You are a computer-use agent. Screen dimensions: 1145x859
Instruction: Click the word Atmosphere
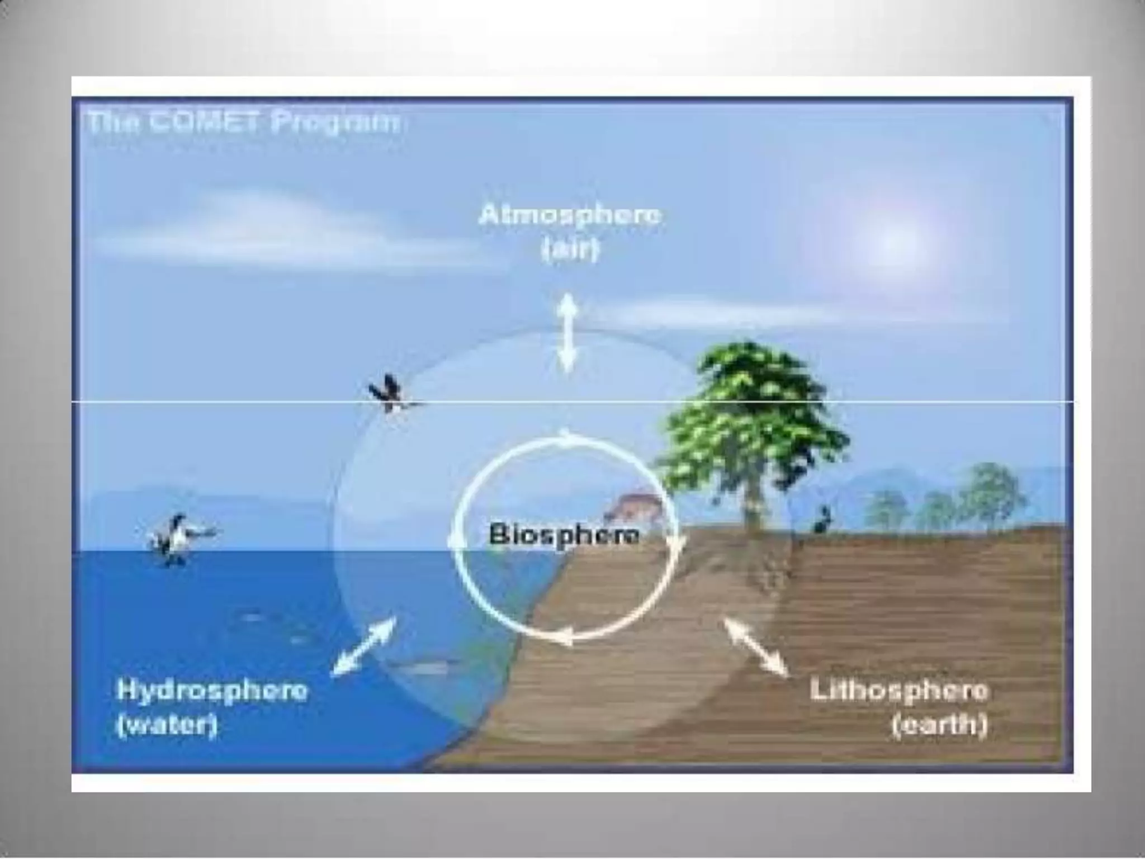(570, 215)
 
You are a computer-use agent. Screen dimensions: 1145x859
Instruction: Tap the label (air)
(570, 250)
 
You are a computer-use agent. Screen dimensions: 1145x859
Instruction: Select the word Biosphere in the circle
(564, 535)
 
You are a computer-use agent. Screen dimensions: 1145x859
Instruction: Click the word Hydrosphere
(212, 691)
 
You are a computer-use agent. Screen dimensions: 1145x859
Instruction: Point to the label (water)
(167, 726)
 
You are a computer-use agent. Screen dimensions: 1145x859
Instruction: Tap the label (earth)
(939, 725)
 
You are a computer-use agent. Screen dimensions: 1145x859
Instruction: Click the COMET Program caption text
(244, 122)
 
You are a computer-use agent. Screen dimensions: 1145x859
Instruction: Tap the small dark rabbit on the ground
(822, 520)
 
